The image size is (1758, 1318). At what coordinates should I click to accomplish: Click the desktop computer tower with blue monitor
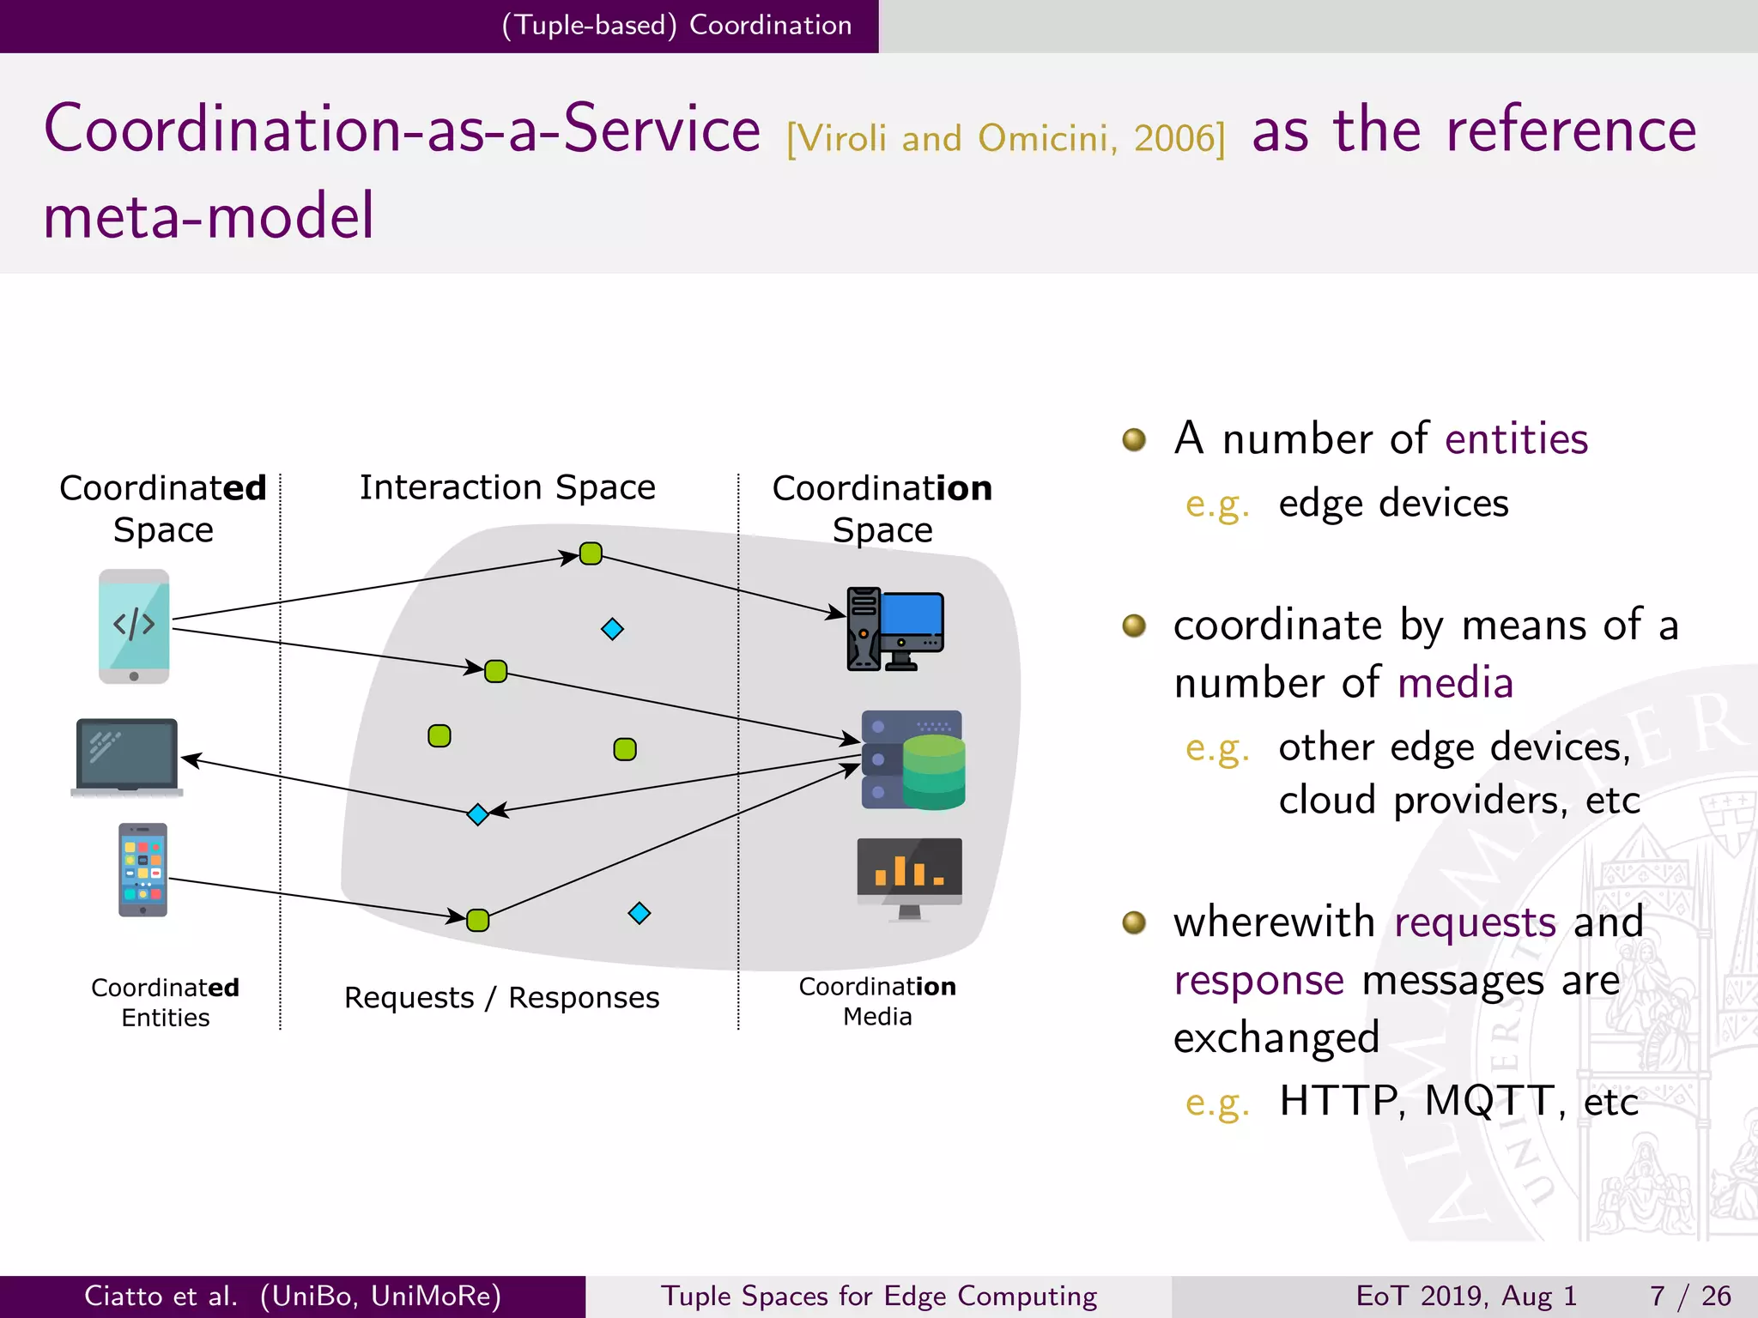click(x=895, y=629)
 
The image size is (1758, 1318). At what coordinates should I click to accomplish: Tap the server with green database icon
click(x=912, y=760)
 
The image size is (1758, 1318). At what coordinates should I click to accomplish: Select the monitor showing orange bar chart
click(x=909, y=877)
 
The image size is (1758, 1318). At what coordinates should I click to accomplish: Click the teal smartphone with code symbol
click(x=134, y=626)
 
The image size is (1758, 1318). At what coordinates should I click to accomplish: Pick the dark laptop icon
click(x=127, y=758)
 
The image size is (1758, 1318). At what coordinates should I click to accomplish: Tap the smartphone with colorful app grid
click(x=142, y=870)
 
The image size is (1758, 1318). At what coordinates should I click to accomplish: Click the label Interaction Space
click(x=507, y=487)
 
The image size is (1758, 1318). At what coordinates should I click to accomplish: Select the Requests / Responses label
click(x=501, y=998)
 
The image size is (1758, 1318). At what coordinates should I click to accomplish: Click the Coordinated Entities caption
click(x=165, y=1002)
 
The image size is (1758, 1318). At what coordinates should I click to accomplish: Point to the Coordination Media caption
click(x=877, y=1001)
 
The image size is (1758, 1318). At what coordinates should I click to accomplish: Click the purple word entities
click(x=1516, y=439)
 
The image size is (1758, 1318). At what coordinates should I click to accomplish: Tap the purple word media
click(x=1455, y=684)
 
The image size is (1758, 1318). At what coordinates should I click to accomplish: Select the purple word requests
click(x=1475, y=922)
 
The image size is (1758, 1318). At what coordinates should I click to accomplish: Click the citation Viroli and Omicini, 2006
click(x=1006, y=138)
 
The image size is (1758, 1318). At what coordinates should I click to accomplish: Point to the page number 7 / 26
click(x=1689, y=1296)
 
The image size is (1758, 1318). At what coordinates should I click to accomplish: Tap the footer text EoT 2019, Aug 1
click(x=1466, y=1296)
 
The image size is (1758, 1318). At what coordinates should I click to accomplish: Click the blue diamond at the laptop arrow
click(x=478, y=813)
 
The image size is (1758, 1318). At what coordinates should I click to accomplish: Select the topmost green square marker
click(x=591, y=553)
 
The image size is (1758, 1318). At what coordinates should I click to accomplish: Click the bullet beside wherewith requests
click(x=1134, y=922)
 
